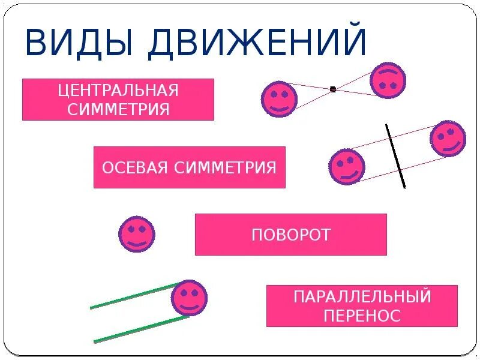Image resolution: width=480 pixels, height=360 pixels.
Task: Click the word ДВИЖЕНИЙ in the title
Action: click(x=257, y=42)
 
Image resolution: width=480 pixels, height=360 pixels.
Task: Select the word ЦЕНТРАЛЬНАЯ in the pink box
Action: click(x=118, y=91)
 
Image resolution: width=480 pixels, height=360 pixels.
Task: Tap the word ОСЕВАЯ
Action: click(x=134, y=167)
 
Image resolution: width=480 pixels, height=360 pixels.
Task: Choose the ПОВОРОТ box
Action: click(x=291, y=235)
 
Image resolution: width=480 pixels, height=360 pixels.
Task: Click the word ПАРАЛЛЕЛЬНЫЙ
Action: click(x=362, y=296)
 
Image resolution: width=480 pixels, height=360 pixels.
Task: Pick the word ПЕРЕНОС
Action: click(x=362, y=316)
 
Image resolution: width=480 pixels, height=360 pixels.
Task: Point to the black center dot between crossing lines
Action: click(x=333, y=89)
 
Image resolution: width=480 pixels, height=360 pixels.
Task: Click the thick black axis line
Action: click(x=395, y=156)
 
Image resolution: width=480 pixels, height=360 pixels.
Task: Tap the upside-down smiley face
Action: click(x=388, y=80)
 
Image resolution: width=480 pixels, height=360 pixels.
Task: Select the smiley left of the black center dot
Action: click(x=279, y=99)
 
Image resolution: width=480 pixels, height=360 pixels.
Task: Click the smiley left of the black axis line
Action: click(x=347, y=166)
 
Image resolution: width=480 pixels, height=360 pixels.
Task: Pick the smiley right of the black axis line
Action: click(x=448, y=139)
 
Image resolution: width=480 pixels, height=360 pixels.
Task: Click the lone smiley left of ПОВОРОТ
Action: click(x=137, y=233)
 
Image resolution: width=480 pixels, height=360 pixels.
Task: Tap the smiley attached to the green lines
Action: click(x=189, y=298)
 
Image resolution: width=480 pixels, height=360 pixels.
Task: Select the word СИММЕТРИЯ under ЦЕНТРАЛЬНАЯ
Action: click(x=118, y=110)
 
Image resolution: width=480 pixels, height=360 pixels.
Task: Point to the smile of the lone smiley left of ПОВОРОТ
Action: click(x=137, y=242)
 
